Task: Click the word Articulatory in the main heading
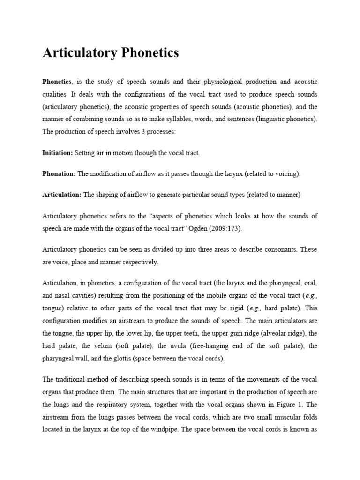click(x=74, y=53)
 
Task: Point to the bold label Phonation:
click(x=59, y=174)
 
